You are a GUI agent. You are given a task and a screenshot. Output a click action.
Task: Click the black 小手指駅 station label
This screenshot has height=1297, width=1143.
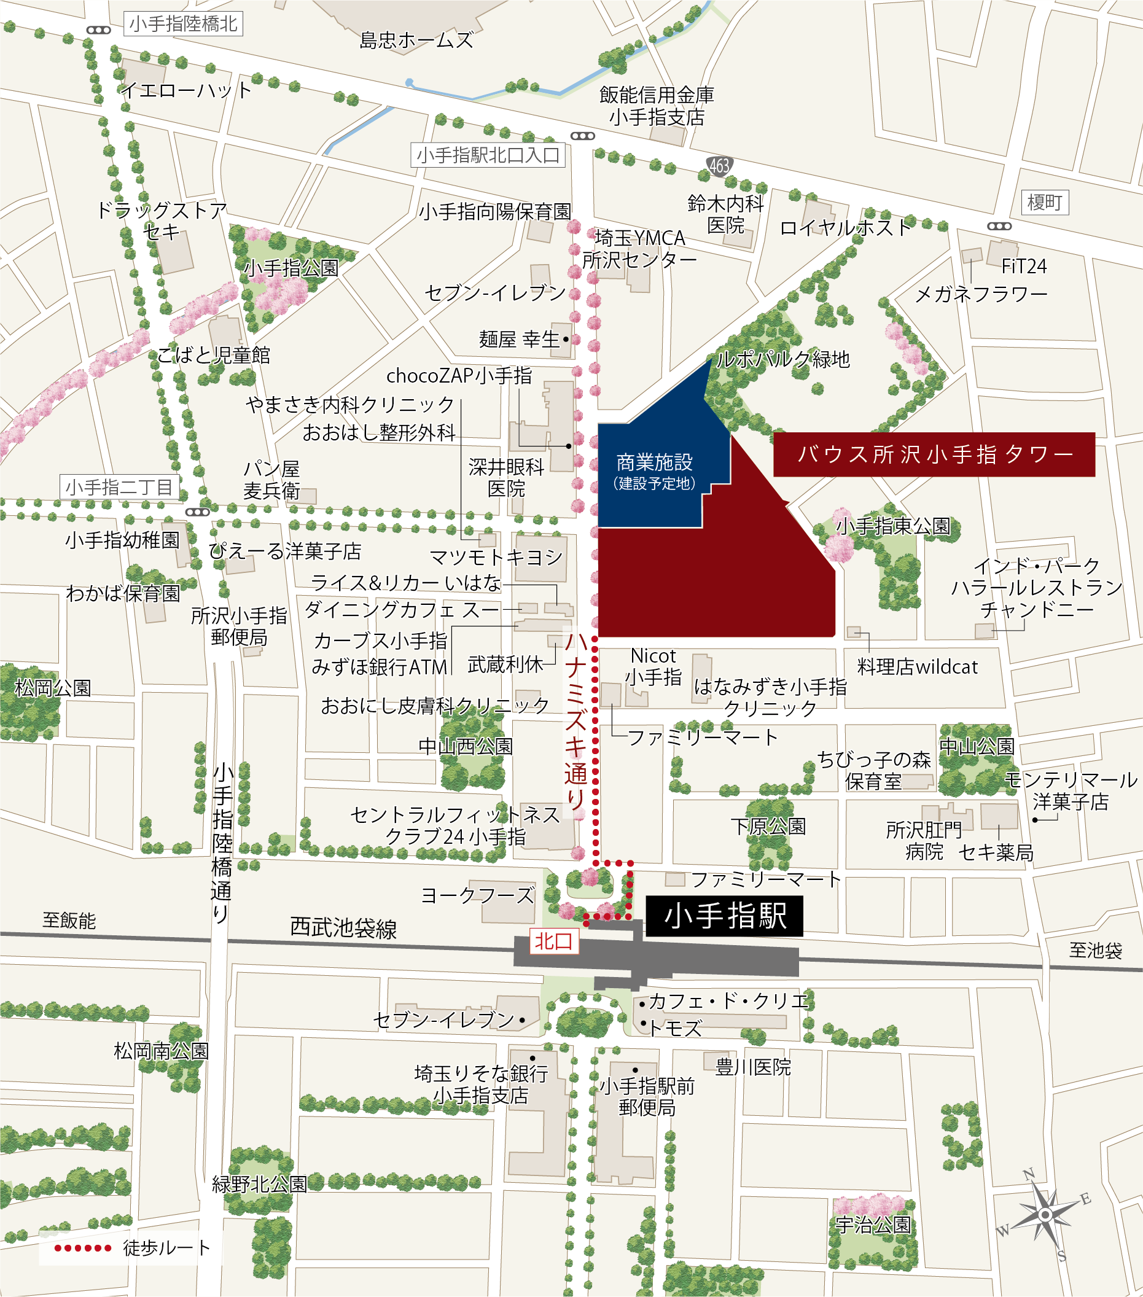724,916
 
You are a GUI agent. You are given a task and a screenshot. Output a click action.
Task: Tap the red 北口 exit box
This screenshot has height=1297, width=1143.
553,941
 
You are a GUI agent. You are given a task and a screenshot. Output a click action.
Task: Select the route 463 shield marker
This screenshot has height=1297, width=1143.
719,166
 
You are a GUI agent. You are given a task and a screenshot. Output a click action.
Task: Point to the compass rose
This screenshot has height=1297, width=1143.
1045,1215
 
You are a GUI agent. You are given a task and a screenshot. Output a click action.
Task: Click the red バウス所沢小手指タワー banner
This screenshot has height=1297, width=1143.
934,454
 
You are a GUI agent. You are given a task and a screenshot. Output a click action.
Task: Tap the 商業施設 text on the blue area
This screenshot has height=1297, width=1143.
654,462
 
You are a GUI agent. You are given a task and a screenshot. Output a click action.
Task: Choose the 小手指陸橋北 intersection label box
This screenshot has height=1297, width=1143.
183,24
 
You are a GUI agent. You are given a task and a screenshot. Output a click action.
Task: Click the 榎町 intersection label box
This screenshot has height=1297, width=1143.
1044,203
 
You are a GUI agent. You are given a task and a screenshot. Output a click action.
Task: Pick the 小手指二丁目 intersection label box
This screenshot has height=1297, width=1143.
119,488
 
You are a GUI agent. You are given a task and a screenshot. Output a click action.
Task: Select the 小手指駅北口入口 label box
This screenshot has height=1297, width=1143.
488,155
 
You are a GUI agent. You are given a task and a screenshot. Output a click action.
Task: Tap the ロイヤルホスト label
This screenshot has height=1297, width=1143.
845,228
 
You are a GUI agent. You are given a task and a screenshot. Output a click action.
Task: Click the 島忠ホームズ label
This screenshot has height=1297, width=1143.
416,41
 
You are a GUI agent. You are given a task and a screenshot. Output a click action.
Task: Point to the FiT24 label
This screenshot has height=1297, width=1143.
1024,267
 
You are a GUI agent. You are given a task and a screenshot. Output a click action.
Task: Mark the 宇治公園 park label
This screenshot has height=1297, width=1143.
873,1224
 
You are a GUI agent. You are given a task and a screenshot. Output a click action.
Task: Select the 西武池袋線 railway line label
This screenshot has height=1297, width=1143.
343,928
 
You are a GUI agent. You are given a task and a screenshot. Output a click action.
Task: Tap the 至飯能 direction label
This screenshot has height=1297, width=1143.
69,920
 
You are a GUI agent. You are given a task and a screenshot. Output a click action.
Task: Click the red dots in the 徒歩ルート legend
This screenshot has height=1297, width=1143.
82,1248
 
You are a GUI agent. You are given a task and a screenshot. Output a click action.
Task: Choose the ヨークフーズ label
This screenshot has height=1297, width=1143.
478,895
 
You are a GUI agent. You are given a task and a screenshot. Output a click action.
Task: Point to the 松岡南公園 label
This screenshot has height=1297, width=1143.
161,1051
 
